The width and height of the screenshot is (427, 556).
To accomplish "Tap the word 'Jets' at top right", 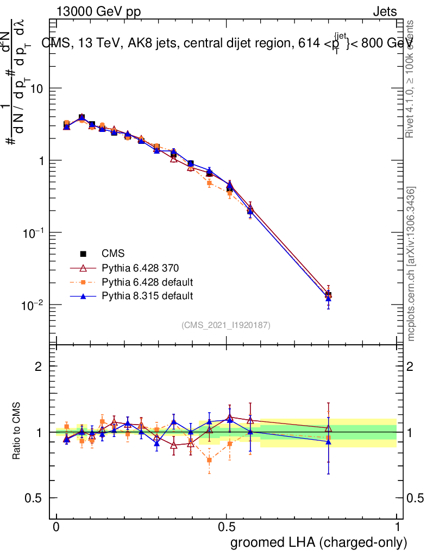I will point(384,12).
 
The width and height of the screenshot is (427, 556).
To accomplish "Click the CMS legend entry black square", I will point(84,254).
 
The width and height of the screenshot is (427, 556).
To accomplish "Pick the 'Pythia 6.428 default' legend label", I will point(147,282).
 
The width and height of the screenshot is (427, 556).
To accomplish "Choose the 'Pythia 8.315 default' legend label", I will point(147,296).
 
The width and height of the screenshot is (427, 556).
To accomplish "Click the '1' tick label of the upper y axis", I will point(40,161).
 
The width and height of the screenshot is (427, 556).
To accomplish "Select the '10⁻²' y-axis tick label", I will point(33,305).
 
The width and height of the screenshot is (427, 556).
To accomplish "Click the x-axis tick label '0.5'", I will point(227,527).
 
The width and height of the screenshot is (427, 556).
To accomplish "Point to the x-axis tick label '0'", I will point(56,527).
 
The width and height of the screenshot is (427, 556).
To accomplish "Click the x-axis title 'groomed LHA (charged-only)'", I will point(319,542).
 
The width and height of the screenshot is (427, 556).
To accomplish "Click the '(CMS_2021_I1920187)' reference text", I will point(226,325).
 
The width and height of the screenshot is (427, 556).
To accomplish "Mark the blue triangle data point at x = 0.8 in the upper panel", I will point(328,299).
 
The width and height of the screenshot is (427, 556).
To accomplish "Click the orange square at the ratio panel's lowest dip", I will point(209,460).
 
